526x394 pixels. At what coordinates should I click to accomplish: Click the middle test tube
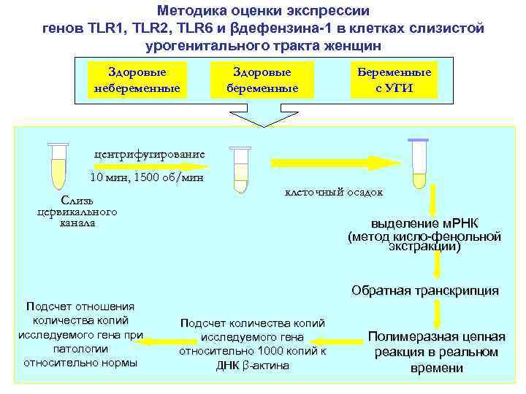click(240, 169)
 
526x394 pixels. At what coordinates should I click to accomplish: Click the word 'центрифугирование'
click(150, 155)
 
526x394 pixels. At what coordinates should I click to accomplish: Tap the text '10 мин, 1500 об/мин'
click(146, 177)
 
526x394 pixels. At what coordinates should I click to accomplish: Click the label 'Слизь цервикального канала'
click(77, 211)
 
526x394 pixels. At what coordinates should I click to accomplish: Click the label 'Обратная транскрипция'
click(424, 290)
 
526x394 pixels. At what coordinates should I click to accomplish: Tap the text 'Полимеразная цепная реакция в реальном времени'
click(436, 352)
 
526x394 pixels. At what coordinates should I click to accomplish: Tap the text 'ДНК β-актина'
click(253, 365)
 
